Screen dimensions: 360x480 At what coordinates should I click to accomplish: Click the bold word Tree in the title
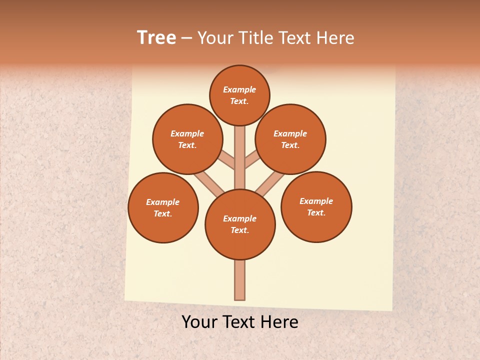coord(156,38)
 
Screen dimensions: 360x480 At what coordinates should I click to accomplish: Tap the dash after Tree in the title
coord(187,38)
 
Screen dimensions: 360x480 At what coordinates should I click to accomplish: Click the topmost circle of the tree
coord(239,95)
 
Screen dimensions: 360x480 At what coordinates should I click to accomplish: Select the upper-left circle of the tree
coord(187,139)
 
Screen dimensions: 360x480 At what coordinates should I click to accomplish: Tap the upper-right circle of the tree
coord(290,139)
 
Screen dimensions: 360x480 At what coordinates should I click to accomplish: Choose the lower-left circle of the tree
coord(163,207)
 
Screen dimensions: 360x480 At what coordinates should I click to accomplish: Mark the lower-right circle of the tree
coord(316,206)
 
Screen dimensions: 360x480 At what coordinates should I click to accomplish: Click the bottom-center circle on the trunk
coord(240,224)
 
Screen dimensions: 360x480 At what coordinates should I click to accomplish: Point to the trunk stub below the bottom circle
coord(240,280)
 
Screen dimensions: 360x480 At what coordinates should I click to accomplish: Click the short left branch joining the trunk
coord(227,159)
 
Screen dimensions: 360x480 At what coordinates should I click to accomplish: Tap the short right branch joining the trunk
coord(252,160)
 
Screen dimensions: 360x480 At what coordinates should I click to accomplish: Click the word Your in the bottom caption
coord(199,322)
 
